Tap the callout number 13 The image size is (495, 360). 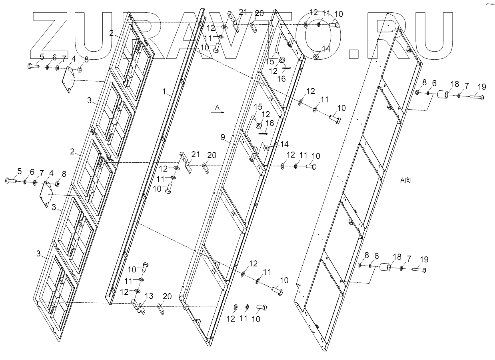click(x=149, y=296)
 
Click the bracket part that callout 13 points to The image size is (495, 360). click(x=138, y=307)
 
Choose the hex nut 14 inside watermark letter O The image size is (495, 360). click(x=315, y=56)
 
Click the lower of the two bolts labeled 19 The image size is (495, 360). click(x=419, y=271)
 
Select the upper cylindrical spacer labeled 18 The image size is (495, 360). click(x=442, y=96)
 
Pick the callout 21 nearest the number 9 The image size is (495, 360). click(x=196, y=154)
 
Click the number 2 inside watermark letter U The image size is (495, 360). click(x=112, y=33)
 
